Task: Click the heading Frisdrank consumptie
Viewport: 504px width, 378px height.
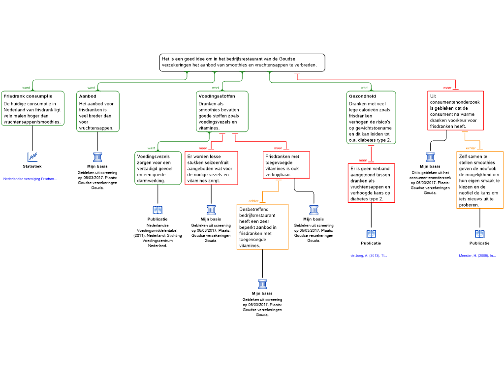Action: [x=28, y=96]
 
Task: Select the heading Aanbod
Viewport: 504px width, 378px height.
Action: [x=88, y=96]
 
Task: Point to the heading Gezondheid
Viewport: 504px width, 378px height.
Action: [x=362, y=96]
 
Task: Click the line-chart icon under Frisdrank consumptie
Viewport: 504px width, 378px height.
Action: [x=32, y=157]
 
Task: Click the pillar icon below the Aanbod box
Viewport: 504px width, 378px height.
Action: [x=98, y=157]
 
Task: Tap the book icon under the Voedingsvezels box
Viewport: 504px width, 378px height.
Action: [x=157, y=210]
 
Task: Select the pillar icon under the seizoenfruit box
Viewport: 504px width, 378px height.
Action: [x=211, y=210]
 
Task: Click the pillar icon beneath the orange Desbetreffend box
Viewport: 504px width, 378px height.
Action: [x=262, y=284]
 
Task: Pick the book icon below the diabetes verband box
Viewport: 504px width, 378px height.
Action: [x=371, y=234]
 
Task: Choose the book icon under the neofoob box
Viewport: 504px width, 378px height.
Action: [x=480, y=234]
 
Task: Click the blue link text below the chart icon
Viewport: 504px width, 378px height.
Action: [x=29, y=179]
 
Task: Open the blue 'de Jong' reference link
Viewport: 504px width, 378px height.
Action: [x=368, y=256]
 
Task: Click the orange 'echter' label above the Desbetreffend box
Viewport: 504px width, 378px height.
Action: [x=253, y=201]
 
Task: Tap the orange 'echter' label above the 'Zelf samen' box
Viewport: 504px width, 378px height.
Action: [x=471, y=148]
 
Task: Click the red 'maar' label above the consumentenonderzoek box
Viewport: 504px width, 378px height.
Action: [x=447, y=88]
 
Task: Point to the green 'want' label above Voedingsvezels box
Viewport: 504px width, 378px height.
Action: [x=152, y=148]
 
